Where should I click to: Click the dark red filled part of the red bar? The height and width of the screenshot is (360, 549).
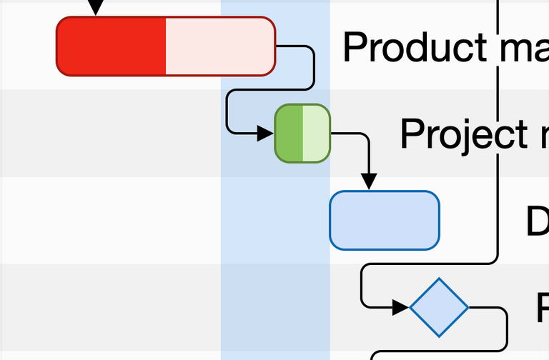111,46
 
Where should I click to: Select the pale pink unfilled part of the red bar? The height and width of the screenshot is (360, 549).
219,46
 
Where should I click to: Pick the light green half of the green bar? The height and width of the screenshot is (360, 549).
316,134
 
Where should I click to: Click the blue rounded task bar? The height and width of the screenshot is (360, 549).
385,221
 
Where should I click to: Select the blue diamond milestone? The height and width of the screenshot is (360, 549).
439,307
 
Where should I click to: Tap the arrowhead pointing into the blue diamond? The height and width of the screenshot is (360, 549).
401,308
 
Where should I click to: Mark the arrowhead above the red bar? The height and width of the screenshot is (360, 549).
95,7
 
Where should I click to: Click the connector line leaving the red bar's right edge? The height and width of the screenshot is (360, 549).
312,64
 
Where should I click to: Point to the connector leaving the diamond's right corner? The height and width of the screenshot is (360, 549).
500,314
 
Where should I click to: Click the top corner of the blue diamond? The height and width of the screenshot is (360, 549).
439,280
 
